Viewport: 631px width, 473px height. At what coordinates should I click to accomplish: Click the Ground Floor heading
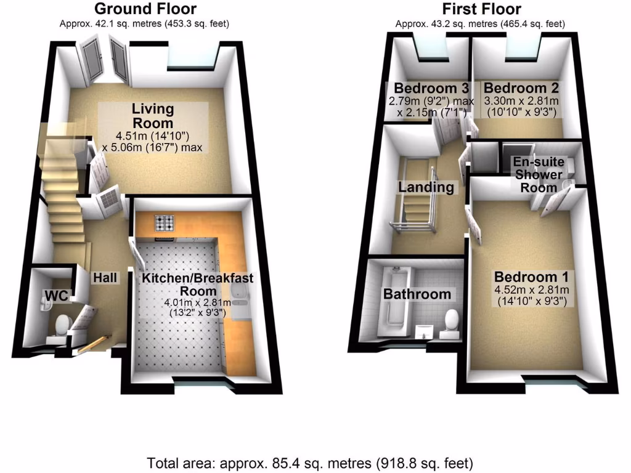(x=145, y=9)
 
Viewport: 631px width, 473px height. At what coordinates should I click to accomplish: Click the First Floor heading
(x=481, y=9)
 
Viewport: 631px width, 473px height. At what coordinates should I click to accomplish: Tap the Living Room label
(x=153, y=115)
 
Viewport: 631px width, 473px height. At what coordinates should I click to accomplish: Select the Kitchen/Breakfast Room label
(x=198, y=285)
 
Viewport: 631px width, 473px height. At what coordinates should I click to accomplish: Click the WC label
(x=54, y=296)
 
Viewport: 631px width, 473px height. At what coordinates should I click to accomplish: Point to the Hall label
(x=105, y=278)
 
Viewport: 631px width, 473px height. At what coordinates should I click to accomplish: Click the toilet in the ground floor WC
(x=62, y=324)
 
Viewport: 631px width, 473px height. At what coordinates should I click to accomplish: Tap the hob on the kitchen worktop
(x=166, y=222)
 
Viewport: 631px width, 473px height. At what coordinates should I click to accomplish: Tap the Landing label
(x=426, y=187)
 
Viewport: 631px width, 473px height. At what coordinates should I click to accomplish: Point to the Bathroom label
(x=417, y=294)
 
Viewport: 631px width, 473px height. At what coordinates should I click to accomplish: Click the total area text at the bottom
(x=310, y=462)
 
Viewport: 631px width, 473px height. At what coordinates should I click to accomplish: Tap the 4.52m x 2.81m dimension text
(x=532, y=289)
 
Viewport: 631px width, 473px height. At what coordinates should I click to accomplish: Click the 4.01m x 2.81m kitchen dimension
(x=197, y=302)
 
